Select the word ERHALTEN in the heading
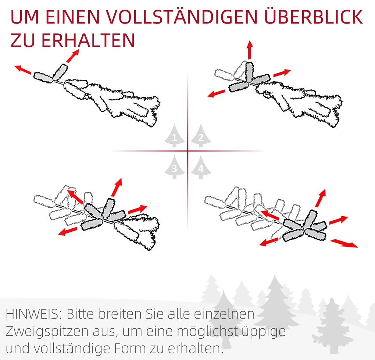pyautogui.click(x=88, y=40)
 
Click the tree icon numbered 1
pyautogui.click(x=175, y=135)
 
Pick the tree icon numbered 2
pyautogui.click(x=201, y=135)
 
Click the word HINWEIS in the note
pyautogui.click(x=32, y=314)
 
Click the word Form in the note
pyautogui.click(x=130, y=349)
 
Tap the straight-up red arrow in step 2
pyautogui.click(x=250, y=50)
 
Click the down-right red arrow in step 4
pyautogui.click(x=344, y=243)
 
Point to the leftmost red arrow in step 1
pyautogui.click(x=23, y=69)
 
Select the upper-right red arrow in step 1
pyautogui.click(x=73, y=56)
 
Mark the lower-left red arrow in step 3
pyautogui.click(x=68, y=231)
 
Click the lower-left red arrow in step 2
pyautogui.click(x=217, y=93)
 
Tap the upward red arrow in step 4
pyautogui.click(x=321, y=198)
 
